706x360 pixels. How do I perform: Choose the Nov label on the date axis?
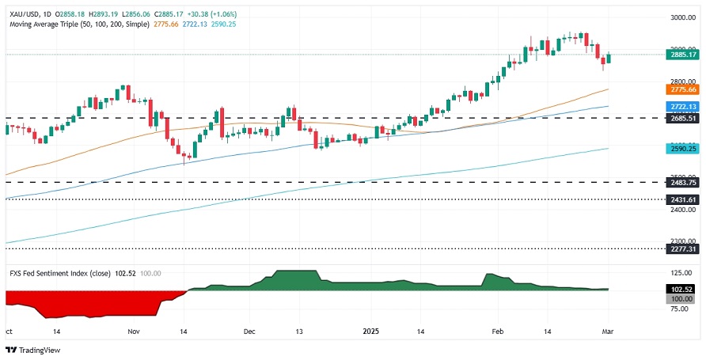tap(133, 333)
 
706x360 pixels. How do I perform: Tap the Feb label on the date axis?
tap(497, 333)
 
